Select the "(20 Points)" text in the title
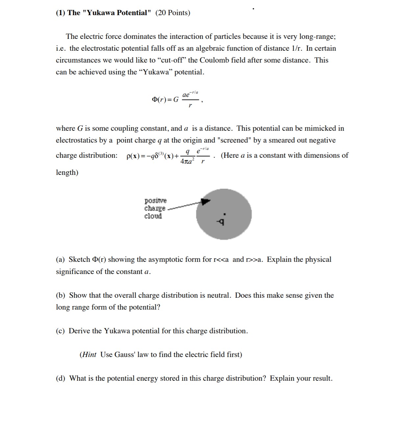tap(173, 13)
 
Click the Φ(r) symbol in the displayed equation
tap(160, 99)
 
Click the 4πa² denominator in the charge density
tap(187, 161)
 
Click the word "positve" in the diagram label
tap(156, 201)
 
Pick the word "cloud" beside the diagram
tap(153, 216)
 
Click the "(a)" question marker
tap(60, 260)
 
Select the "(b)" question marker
tap(61, 295)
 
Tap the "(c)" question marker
tap(60, 331)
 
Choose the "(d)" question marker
tap(61, 378)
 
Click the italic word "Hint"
tap(89, 355)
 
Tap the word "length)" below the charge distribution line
tap(67, 173)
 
